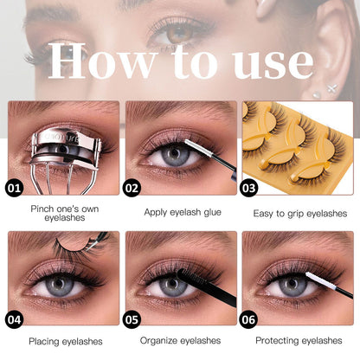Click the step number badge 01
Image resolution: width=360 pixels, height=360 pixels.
pos(15,186)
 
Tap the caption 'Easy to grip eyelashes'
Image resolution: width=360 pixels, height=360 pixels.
pos(299,212)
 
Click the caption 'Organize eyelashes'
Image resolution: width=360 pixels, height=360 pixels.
pos(180,341)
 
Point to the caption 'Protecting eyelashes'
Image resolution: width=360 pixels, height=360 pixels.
pos(299,341)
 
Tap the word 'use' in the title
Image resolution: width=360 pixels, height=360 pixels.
pos(270,62)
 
